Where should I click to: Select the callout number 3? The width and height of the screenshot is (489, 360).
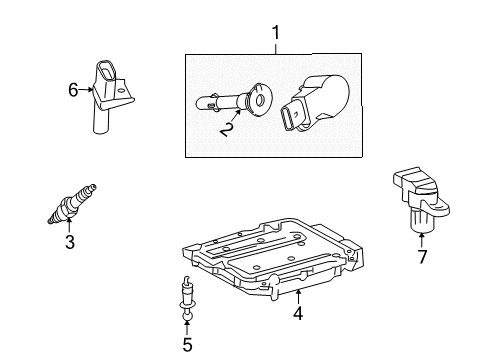pos(69,240)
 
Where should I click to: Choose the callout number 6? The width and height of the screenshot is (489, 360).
pos(74,90)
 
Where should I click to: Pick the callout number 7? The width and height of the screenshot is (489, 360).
pos(421,257)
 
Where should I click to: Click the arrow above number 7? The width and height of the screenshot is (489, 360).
pos(421,238)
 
